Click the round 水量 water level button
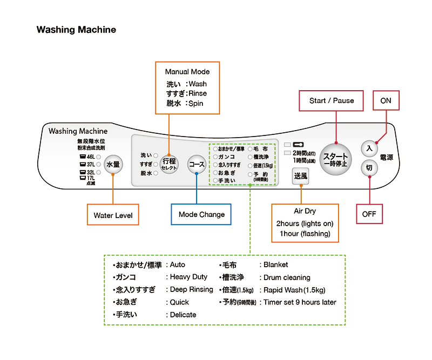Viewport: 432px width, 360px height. point(113,164)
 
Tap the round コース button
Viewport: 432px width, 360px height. point(197,164)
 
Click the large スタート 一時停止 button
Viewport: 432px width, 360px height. point(335,159)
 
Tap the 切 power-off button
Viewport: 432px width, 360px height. point(369,168)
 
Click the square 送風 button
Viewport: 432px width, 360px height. point(301,176)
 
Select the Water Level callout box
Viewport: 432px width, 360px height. point(113,215)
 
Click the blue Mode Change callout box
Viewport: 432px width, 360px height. point(201,214)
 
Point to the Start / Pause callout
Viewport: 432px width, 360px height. point(332,100)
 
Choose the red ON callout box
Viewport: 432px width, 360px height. point(386,100)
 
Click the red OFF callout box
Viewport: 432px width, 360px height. point(369,214)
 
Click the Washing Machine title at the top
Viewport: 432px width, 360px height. point(76,30)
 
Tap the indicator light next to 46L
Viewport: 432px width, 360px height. point(98,157)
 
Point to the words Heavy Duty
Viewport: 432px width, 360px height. point(188,277)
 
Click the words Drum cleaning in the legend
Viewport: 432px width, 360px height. point(287,277)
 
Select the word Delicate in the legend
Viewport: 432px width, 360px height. point(183,315)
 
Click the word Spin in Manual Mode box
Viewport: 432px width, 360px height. point(195,103)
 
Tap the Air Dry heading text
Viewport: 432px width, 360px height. point(305,212)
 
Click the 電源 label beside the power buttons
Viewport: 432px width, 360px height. point(387,157)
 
